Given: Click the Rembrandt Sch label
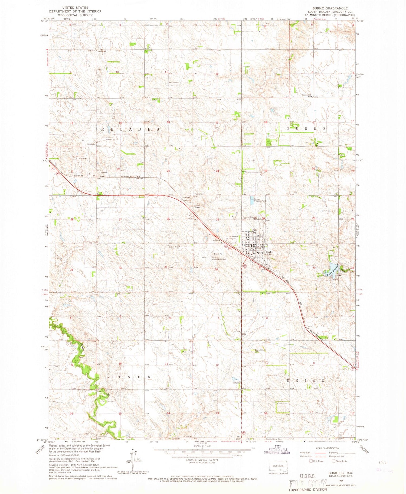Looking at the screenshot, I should pyautogui.click(x=307, y=96).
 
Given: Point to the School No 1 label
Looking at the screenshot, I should pyautogui.click(x=103, y=51).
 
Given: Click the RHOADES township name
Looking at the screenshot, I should pyautogui.click(x=130, y=130).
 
